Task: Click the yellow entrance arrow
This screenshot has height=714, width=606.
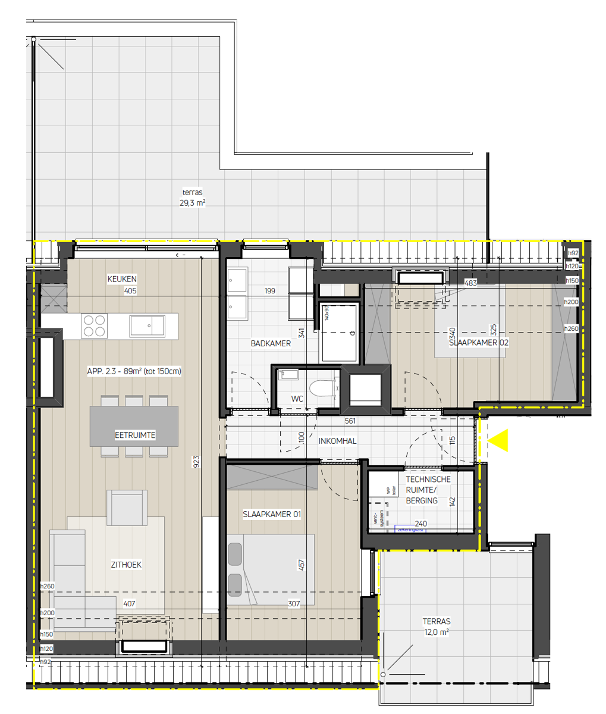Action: [498, 440]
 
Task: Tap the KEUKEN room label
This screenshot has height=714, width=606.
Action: [122, 279]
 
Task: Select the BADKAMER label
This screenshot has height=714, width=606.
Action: [271, 344]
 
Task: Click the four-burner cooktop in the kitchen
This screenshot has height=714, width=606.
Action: [94, 325]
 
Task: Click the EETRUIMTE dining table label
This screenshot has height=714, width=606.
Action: [135, 436]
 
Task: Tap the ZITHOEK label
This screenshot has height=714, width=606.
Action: [126, 565]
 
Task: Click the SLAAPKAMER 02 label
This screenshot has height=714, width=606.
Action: [479, 343]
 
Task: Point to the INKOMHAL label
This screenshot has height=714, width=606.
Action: [338, 441]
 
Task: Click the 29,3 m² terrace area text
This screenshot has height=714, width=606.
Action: [193, 202]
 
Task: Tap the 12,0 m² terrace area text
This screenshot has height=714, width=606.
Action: [436, 632]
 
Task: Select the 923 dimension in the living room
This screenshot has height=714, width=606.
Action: [196, 462]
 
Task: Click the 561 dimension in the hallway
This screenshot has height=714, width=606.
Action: [351, 421]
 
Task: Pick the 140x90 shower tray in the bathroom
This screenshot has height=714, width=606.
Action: [340, 333]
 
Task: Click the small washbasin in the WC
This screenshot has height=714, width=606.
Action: [289, 375]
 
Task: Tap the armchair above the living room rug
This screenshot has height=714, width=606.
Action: [127, 508]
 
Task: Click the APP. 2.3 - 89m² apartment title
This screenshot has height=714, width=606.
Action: [134, 371]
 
